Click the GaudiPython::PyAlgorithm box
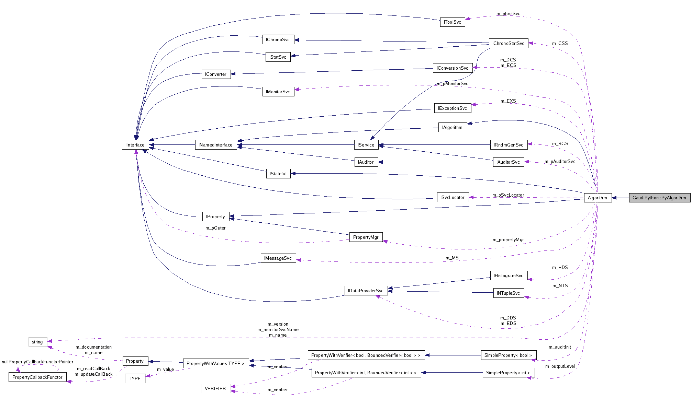coord(659,198)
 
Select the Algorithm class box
coord(598,198)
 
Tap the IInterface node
coord(135,145)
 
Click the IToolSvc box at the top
coord(452,22)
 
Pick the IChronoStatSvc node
coord(508,43)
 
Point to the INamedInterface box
coord(216,145)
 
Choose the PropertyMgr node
coord(366,237)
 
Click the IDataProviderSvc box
coord(366,291)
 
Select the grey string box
coord(37,342)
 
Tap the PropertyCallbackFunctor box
coord(37,377)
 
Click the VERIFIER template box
coord(215,388)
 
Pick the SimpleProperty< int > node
coord(508,373)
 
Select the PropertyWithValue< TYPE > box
coord(215,363)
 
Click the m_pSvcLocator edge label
coord(508,195)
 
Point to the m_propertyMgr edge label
coord(508,239)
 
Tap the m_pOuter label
coord(215,228)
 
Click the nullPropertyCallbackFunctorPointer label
coord(37,362)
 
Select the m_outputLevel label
coord(560,366)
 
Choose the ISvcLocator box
coord(453,197)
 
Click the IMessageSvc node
coord(278,258)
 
